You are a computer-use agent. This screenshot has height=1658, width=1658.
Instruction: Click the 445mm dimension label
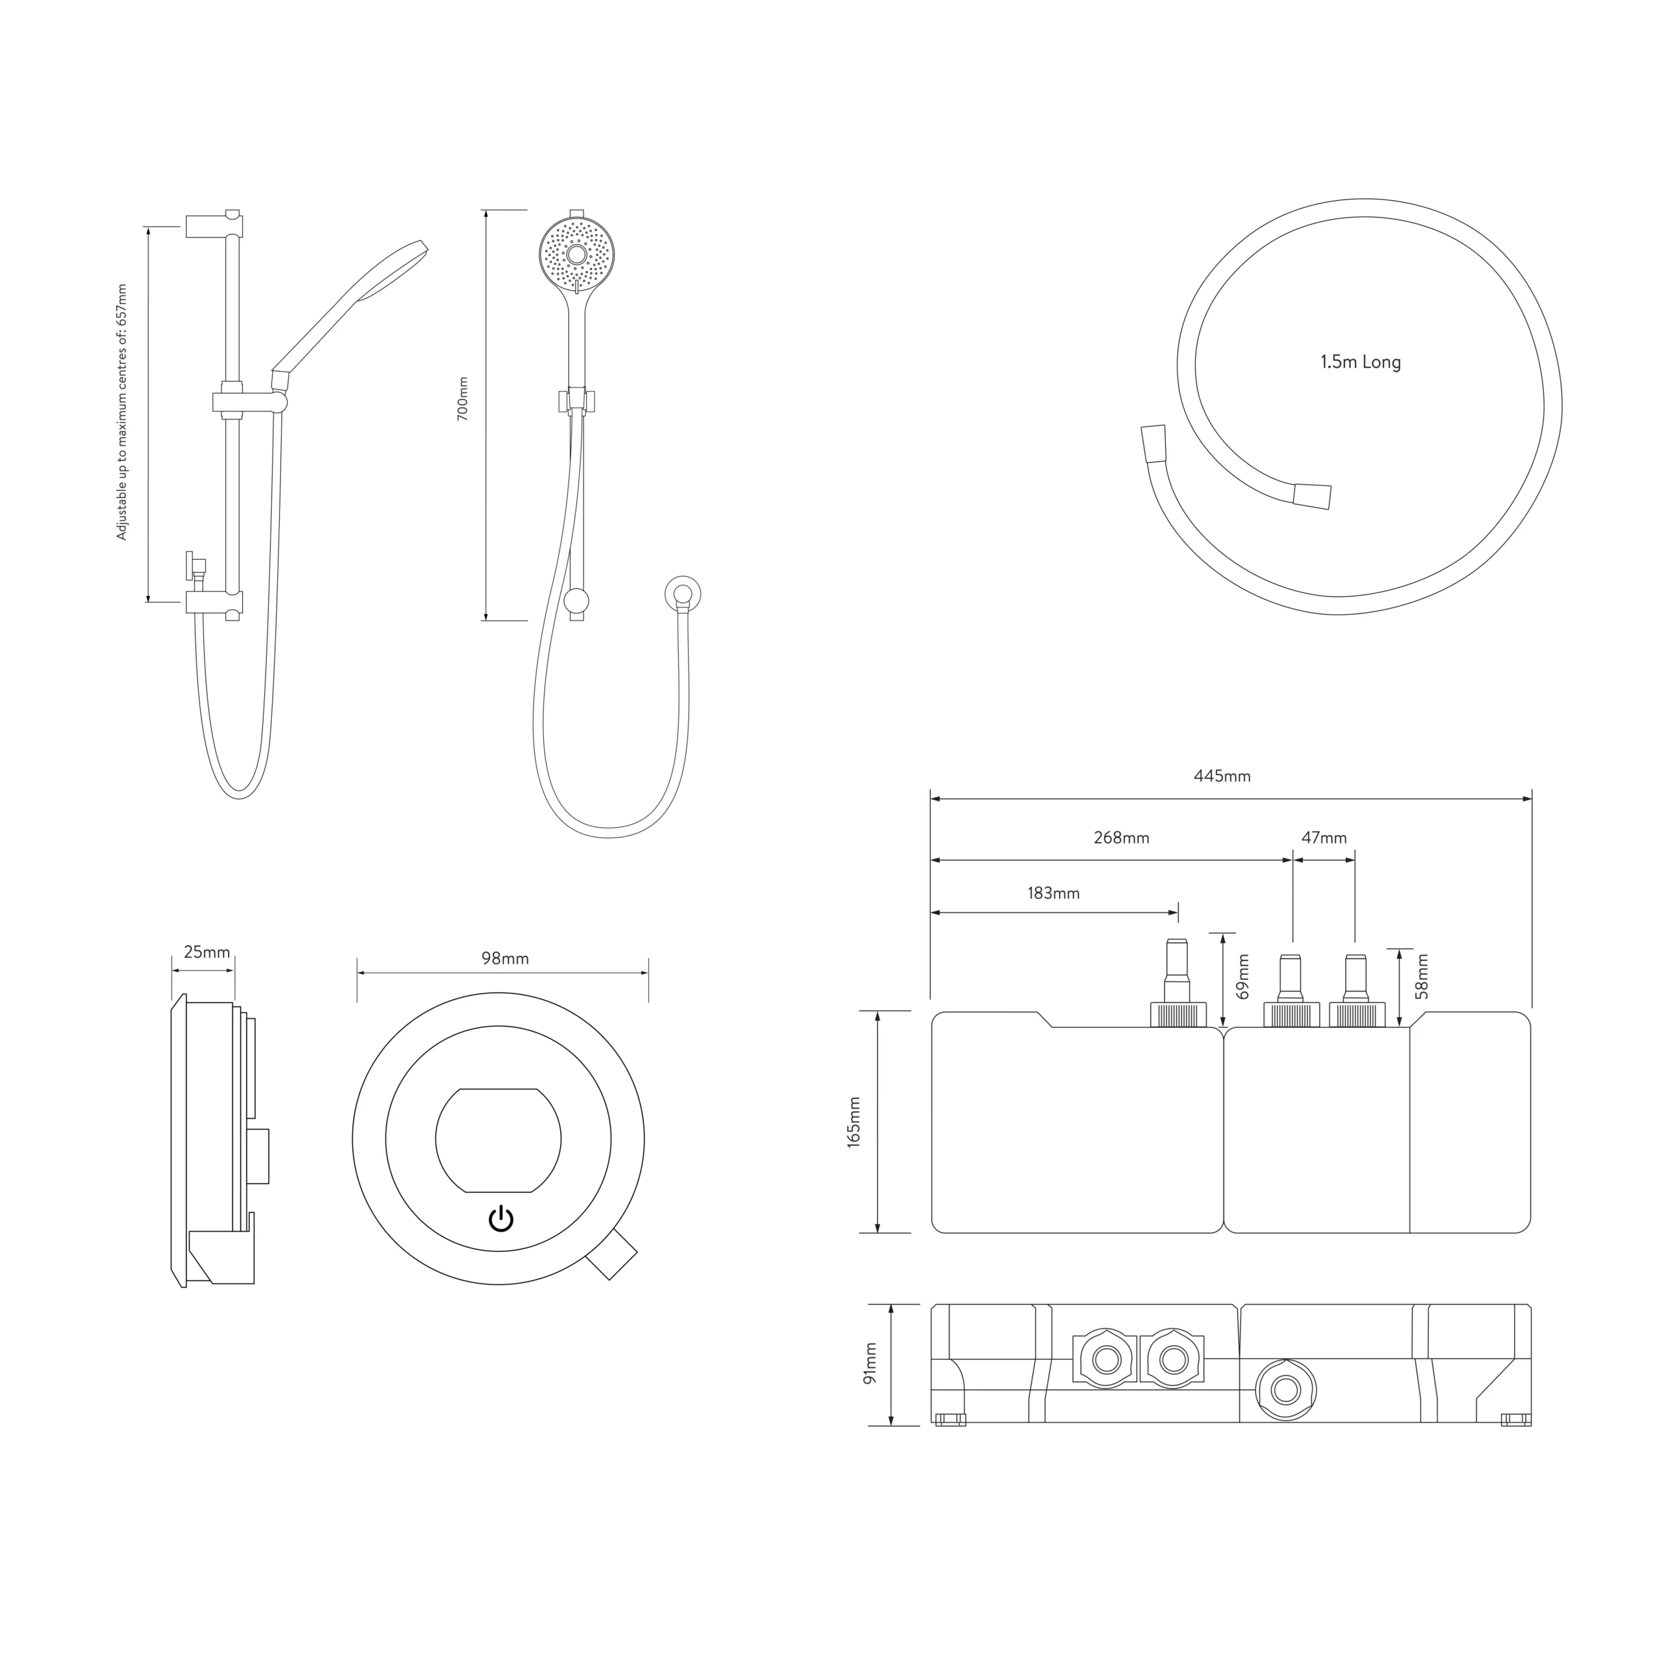pos(1222,777)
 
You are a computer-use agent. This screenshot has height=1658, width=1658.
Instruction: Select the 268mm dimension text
pos(1121,837)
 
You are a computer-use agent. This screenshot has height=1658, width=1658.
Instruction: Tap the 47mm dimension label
pos(1324,837)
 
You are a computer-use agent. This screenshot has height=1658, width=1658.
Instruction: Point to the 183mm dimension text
pos(1054,893)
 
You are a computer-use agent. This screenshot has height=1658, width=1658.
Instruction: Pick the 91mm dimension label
pos(871,1364)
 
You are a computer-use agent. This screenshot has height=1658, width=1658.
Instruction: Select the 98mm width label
pos(505,959)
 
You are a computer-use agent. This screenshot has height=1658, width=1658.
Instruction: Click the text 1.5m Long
pos(1360,362)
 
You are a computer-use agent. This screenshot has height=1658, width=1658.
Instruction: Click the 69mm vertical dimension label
pos(1243,977)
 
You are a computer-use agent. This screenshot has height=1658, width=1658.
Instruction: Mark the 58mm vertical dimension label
pos(1422,977)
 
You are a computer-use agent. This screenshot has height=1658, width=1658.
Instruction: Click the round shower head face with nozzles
pos(576,254)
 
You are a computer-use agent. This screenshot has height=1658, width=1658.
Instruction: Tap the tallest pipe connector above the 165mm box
pos(1177,979)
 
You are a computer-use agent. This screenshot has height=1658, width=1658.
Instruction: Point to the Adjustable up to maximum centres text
pos(121,412)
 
